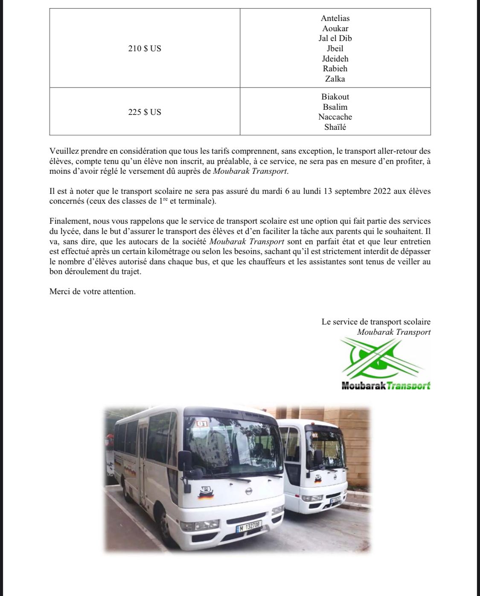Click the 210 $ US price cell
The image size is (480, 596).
[x=145, y=49]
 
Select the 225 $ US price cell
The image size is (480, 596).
[x=145, y=112]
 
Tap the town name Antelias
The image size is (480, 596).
[x=335, y=18]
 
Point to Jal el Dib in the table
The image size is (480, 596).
[x=335, y=38]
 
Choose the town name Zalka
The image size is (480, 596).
[x=335, y=79]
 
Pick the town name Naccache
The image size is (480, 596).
[x=335, y=117]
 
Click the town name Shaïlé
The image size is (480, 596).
[x=335, y=127]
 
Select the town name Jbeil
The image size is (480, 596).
[x=335, y=49]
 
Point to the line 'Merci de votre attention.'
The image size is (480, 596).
[x=93, y=292]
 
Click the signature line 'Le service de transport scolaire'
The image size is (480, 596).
[x=376, y=322]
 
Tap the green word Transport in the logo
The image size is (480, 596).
[x=409, y=386]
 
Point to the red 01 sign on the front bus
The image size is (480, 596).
[x=202, y=424]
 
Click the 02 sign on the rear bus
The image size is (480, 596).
[x=315, y=435]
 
